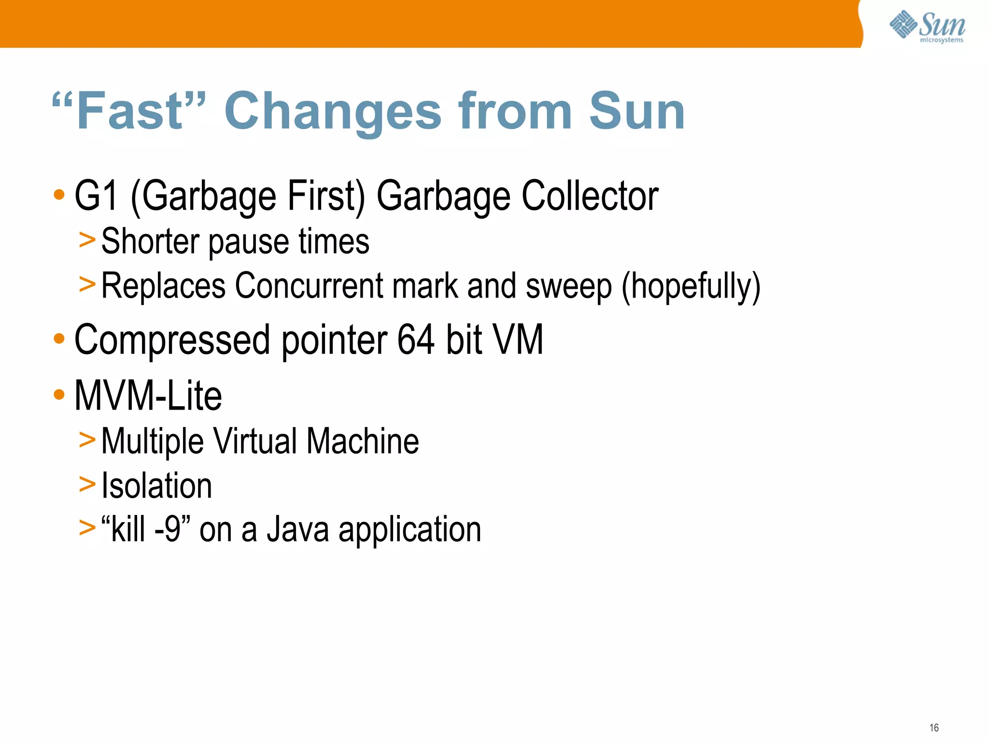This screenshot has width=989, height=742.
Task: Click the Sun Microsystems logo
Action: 927,26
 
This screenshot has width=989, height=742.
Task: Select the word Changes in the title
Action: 333,112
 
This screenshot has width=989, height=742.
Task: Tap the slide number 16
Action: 934,728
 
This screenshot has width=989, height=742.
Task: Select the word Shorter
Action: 149,241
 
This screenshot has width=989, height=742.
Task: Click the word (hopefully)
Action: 691,286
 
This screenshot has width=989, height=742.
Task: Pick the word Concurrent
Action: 309,286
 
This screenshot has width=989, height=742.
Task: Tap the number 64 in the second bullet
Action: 416,340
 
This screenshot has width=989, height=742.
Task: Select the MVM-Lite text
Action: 148,396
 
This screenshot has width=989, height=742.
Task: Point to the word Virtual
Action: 255,441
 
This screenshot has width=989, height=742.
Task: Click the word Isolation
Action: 157,485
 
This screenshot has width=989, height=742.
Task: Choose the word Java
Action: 298,529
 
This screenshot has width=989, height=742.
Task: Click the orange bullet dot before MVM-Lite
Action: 59,395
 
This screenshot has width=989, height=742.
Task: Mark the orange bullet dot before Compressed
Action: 59,339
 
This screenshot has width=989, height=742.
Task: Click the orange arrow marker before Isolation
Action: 87,484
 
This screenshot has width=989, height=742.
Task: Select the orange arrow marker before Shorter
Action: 87,240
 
